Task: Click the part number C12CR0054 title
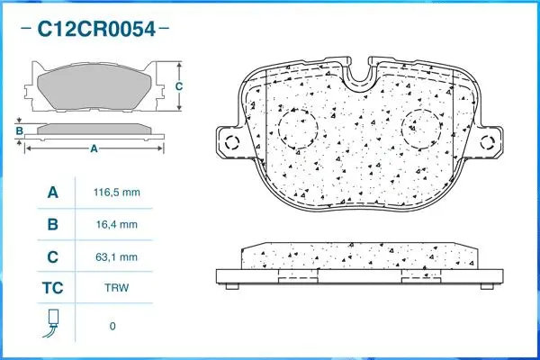96,29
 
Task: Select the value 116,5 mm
118,193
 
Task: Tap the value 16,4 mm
118,224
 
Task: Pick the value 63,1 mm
118,256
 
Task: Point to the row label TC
53,289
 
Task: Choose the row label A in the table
53,193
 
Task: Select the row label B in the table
53,224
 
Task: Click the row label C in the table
53,256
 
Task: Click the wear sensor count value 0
112,326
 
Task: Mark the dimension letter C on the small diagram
179,86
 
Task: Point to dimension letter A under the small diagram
94,149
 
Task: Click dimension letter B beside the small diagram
19,132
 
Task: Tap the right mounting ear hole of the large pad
491,142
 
